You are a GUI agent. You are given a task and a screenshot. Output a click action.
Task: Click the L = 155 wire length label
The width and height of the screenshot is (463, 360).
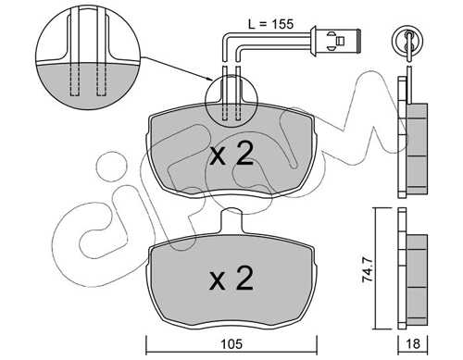[x=270, y=24]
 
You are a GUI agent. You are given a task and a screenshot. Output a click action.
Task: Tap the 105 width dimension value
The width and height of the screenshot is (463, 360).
[x=231, y=344]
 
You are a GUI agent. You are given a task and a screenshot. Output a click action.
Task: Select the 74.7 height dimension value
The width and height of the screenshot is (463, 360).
[x=368, y=271]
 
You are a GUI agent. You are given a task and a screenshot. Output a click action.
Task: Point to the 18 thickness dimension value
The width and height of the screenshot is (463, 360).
[x=413, y=344]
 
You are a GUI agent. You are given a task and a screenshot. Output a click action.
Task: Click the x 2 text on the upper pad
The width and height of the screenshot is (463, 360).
[x=231, y=154]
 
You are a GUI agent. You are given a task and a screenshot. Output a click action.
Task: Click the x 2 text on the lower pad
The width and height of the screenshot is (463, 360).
[x=231, y=279]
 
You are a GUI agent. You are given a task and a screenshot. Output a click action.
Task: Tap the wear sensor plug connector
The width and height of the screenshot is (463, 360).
[x=336, y=41]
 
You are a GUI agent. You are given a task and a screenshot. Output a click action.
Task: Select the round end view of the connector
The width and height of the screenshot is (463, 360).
[x=407, y=41]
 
